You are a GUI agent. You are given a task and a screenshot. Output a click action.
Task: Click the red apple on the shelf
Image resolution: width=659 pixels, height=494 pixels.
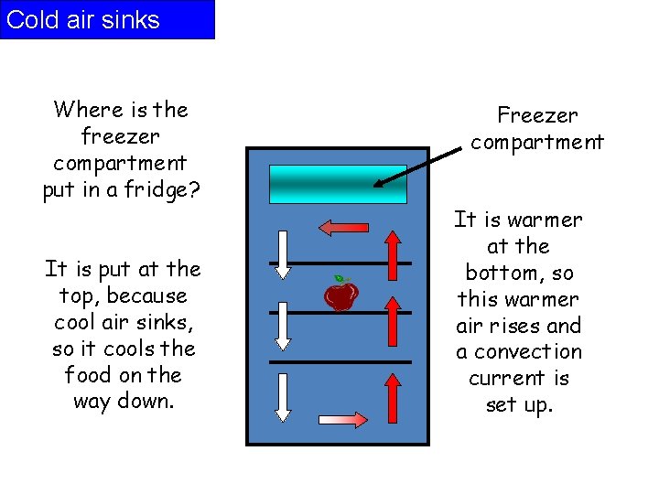341,295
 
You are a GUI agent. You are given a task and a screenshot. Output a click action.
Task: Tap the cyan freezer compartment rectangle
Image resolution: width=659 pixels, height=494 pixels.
338,184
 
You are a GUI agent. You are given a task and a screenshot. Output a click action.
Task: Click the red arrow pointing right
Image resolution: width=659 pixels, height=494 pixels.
343,418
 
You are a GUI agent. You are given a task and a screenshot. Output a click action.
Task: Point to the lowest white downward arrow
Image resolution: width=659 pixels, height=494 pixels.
283,397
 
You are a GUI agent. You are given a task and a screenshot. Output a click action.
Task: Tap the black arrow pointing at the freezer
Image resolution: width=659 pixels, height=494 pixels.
417,166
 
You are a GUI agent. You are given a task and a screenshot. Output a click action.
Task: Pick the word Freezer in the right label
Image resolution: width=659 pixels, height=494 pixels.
537,115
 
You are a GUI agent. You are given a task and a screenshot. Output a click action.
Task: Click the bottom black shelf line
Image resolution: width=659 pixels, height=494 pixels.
340,361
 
